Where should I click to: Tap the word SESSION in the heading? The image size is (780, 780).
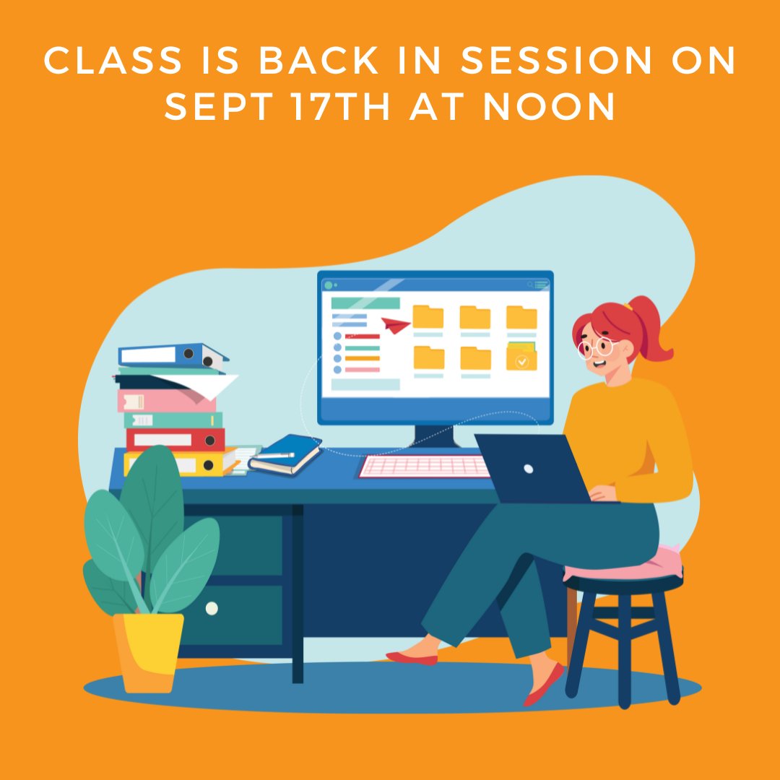pos(555,62)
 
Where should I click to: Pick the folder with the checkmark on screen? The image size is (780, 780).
pos(521,357)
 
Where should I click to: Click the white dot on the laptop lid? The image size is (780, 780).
pos(529,469)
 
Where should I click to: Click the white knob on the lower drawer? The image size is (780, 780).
pos(212,609)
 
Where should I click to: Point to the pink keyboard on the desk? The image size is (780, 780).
pos(425,467)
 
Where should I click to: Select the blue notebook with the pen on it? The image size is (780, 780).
pos(286,454)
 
